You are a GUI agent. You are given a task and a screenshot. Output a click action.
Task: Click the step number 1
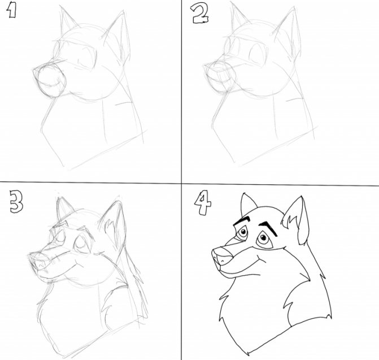coord(12,11)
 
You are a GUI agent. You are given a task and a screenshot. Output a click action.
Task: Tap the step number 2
coord(200,14)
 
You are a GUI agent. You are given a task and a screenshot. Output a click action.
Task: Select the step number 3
coord(16,201)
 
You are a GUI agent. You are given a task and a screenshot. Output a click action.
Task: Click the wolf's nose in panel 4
coord(222,256)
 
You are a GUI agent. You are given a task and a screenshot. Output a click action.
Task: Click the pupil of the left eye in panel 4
coord(243,232)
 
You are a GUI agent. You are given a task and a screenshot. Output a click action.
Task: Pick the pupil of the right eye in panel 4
coord(263,238)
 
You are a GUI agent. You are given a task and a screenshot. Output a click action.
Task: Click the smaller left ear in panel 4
coord(247,205)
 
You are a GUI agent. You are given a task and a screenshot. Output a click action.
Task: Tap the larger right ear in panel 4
coord(296,220)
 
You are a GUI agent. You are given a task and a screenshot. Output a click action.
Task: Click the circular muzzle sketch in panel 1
coord(51,80)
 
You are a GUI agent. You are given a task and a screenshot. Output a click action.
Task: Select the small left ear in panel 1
coord(67,21)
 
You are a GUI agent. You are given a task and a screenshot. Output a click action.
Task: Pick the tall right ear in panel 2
coord(288,33)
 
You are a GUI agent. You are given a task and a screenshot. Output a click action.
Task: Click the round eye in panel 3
coord(81,244)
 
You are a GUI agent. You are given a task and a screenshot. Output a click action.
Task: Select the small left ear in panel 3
coord(64,209)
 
